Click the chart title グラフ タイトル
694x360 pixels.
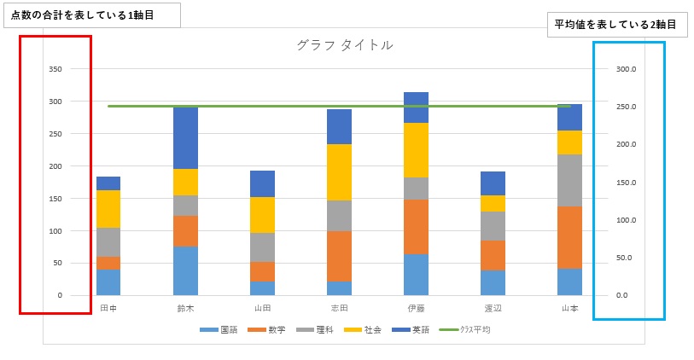coord(345,45)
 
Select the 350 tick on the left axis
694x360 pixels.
coord(55,69)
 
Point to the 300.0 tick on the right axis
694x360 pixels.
coord(627,69)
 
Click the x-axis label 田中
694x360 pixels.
coord(108,309)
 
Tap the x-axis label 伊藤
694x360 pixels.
coord(416,309)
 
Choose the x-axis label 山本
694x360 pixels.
coord(569,309)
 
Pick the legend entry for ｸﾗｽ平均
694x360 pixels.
coord(465,329)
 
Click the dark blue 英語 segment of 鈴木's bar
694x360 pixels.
coord(185,138)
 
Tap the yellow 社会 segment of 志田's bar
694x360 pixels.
coord(339,172)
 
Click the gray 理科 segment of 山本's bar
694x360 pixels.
coord(569,180)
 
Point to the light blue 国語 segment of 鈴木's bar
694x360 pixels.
coord(185,270)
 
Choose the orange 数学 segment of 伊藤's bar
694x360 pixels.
coord(416,227)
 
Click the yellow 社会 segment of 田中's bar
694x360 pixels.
coord(108,209)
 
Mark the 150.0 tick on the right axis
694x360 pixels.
coord(627,183)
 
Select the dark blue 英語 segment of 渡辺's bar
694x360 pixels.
coord(493,183)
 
